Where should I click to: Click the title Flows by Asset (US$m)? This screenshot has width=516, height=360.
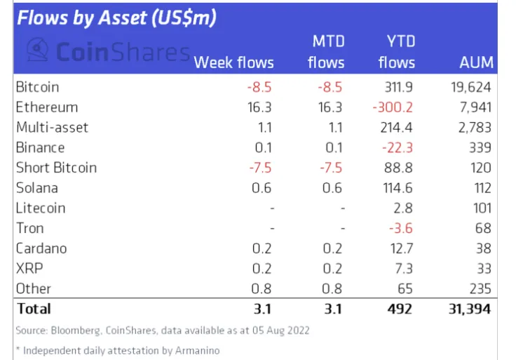116,18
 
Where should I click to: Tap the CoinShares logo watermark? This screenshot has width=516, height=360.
109,51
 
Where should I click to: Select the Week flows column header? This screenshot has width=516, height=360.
233,62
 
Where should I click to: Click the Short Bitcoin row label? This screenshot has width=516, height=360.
56,168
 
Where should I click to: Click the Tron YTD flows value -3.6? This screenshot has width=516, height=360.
403,228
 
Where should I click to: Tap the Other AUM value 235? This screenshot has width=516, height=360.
480,288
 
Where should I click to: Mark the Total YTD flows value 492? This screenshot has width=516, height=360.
402,309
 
